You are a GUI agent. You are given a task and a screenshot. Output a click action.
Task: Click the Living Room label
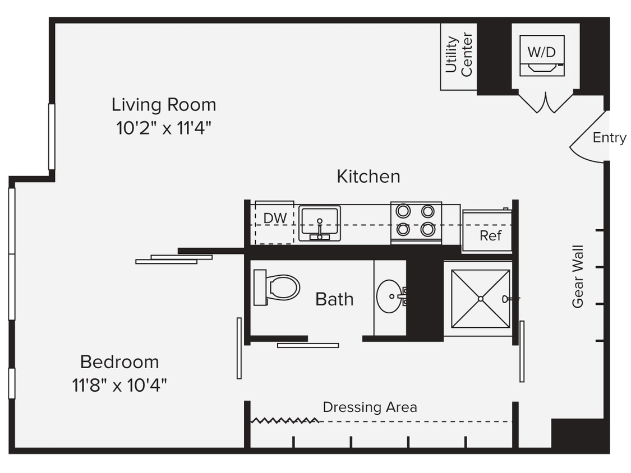pyautogui.click(x=163, y=105)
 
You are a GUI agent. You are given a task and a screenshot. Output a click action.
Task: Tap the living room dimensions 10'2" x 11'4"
pyautogui.click(x=163, y=128)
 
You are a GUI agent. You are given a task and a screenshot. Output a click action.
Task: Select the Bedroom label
pyautogui.click(x=119, y=361)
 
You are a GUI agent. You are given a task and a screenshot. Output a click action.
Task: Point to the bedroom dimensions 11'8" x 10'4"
pyautogui.click(x=119, y=386)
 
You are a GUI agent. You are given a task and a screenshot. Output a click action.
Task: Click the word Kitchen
pyautogui.click(x=368, y=177)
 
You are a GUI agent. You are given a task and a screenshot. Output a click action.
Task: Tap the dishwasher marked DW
pyautogui.click(x=275, y=222)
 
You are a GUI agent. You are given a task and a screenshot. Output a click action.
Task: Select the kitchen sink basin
pyautogui.click(x=319, y=222)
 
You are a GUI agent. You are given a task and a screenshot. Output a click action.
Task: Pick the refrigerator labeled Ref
pyautogui.click(x=487, y=231)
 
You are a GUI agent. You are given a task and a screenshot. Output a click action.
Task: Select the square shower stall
pyautogui.click(x=481, y=299)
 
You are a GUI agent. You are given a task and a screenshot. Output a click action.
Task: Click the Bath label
pyautogui.click(x=334, y=299)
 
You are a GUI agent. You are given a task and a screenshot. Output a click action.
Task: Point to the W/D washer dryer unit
pyautogui.click(x=542, y=55)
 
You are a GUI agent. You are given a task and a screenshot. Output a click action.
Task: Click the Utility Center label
pyautogui.click(x=458, y=55)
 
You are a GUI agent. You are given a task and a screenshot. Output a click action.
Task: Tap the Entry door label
pyautogui.click(x=609, y=138)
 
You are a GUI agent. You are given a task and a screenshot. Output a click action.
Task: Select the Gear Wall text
pyautogui.click(x=578, y=276)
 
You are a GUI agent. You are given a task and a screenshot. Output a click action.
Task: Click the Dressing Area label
pyautogui.click(x=370, y=407)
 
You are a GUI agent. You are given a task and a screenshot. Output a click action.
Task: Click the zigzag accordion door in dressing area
pyautogui.click(x=284, y=420)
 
